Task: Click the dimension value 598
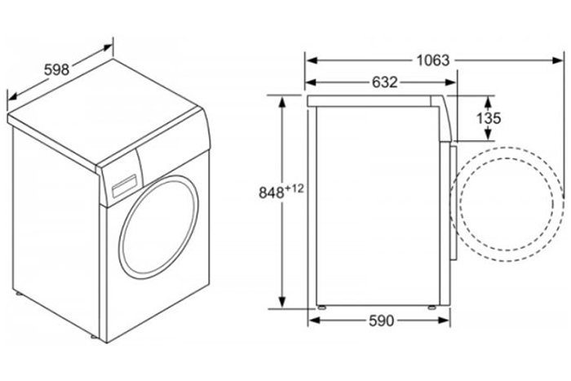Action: [55, 70]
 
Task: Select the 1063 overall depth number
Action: [433, 60]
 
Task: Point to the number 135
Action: [488, 119]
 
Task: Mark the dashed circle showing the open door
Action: [510, 205]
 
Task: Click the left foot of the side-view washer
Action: [323, 308]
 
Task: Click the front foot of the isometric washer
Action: [95, 335]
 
